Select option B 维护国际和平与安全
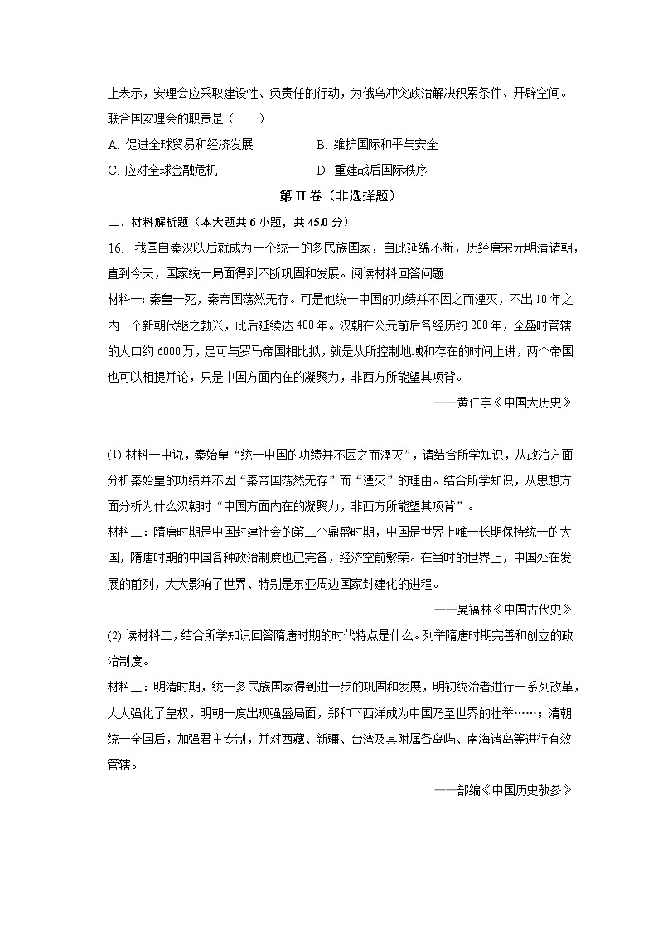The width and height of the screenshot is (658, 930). coord(377,145)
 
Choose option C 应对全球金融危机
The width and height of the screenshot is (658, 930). coord(162,171)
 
